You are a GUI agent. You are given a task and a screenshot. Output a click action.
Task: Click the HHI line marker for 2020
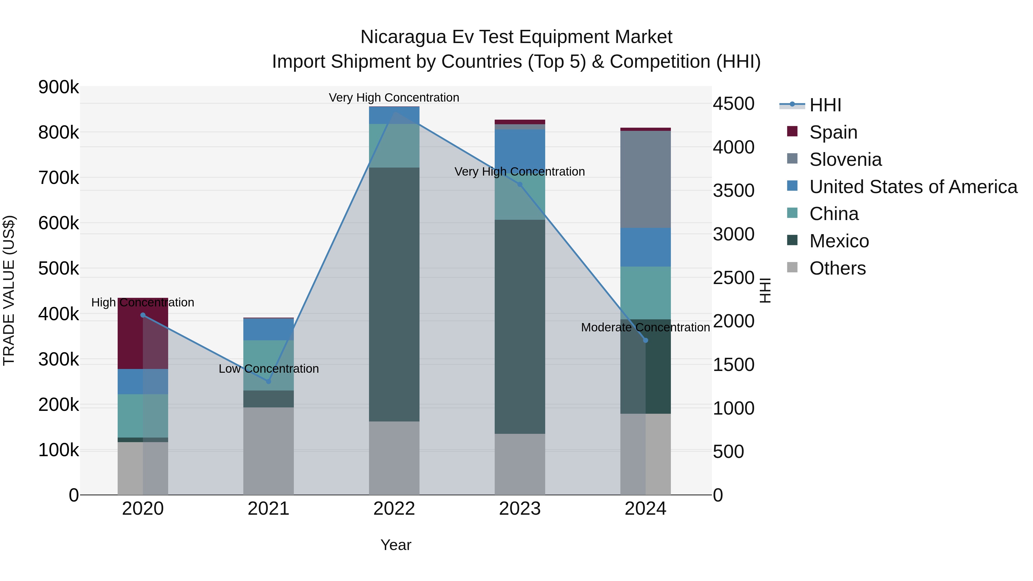pyautogui.click(x=143, y=315)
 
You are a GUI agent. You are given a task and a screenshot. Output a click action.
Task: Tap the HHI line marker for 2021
pyautogui.click(x=269, y=381)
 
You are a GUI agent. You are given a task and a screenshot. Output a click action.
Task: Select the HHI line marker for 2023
pyautogui.click(x=520, y=184)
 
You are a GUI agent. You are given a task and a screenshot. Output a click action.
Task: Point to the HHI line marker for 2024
pyautogui.click(x=646, y=340)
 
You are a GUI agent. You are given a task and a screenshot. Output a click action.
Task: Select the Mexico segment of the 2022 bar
pyautogui.click(x=394, y=295)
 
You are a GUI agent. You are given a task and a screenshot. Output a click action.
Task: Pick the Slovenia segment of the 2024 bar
pyautogui.click(x=646, y=179)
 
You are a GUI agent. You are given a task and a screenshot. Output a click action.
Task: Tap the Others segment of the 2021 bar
pyautogui.click(x=269, y=451)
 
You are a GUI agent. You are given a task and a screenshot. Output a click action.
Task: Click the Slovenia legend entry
pyautogui.click(x=845, y=159)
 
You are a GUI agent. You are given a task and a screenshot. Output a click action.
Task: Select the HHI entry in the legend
pyautogui.click(x=825, y=105)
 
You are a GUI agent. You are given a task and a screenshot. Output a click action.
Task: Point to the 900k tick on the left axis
pyautogui.click(x=59, y=87)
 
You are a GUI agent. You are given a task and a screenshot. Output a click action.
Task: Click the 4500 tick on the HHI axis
pyautogui.click(x=733, y=104)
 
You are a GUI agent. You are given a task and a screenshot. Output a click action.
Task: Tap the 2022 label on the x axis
pyautogui.click(x=394, y=509)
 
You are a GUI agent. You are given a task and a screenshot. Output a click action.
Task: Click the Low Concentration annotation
pyautogui.click(x=269, y=368)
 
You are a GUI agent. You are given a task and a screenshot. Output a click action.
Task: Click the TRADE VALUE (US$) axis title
pyautogui.click(x=9, y=290)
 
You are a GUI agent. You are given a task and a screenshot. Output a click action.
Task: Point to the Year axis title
pyautogui.click(x=396, y=545)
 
